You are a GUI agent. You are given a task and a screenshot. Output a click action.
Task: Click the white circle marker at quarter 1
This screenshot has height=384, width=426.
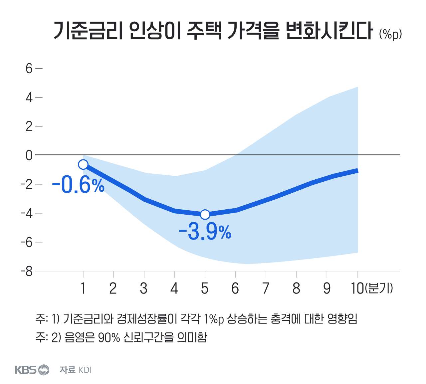click(83, 164)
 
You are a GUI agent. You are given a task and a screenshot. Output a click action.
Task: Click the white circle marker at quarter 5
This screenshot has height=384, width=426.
click(205, 215)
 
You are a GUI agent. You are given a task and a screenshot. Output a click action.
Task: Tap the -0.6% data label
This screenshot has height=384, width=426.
click(78, 185)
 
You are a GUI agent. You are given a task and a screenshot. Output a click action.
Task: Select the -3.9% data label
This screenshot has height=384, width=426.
click(205, 232)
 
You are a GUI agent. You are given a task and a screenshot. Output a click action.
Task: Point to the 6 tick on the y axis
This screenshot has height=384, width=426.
click(29, 69)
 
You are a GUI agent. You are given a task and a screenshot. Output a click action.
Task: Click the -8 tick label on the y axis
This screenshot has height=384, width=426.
click(27, 272)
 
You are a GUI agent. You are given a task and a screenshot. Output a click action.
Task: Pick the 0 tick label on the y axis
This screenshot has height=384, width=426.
click(29, 155)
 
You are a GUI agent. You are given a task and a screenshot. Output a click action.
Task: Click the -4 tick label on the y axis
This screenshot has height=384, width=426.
click(27, 213)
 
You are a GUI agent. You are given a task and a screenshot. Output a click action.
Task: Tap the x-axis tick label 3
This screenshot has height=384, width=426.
click(144, 288)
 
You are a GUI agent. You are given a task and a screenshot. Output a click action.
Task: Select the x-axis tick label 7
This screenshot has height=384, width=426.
click(266, 288)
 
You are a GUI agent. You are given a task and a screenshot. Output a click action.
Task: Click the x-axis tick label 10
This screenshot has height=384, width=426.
click(357, 288)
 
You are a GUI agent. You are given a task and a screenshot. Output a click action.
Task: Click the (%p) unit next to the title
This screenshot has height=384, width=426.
click(390, 34)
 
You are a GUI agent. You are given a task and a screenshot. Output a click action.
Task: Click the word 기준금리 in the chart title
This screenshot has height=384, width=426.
click(87, 31)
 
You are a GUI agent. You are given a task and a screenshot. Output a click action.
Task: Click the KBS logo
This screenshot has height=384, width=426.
click(32, 370)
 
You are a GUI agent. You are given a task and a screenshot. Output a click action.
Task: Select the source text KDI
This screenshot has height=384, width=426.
click(85, 370)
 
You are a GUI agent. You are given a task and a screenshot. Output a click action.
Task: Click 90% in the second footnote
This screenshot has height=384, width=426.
click(109, 337)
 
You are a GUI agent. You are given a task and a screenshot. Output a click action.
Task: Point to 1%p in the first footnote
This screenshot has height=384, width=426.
click(214, 319)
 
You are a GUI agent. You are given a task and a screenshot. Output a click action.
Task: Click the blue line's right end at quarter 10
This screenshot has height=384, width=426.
click(357, 171)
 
